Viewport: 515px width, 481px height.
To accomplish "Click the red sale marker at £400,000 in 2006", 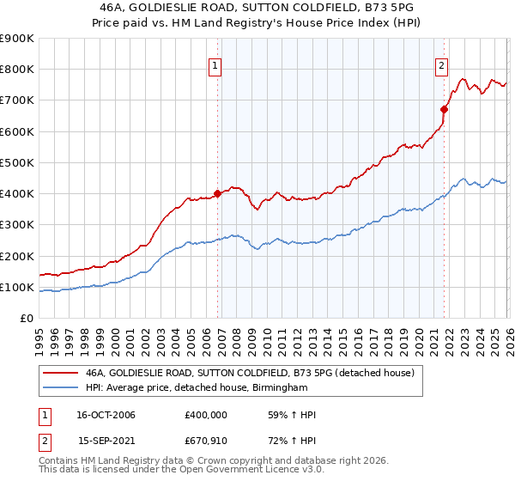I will coord(217,193).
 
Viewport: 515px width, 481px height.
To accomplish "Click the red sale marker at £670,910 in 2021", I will coord(444,109).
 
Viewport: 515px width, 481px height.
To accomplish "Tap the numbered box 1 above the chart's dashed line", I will coord(215,64).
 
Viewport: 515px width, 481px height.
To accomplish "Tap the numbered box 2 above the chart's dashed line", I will coord(441,64).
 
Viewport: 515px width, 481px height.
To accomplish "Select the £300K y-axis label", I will coord(17,225).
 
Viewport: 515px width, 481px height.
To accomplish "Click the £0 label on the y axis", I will coord(26,319).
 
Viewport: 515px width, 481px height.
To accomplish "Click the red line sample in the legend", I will coord(61,373).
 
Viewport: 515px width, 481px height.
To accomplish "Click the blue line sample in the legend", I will coord(61,387).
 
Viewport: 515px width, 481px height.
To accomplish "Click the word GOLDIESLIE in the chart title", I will coord(172,6).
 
